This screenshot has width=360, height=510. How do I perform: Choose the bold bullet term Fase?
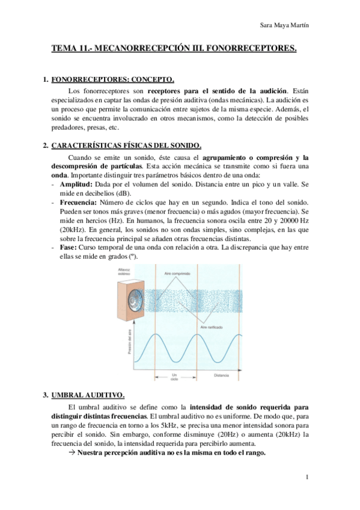point(69,247)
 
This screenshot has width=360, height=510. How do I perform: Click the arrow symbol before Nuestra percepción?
point(72,452)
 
